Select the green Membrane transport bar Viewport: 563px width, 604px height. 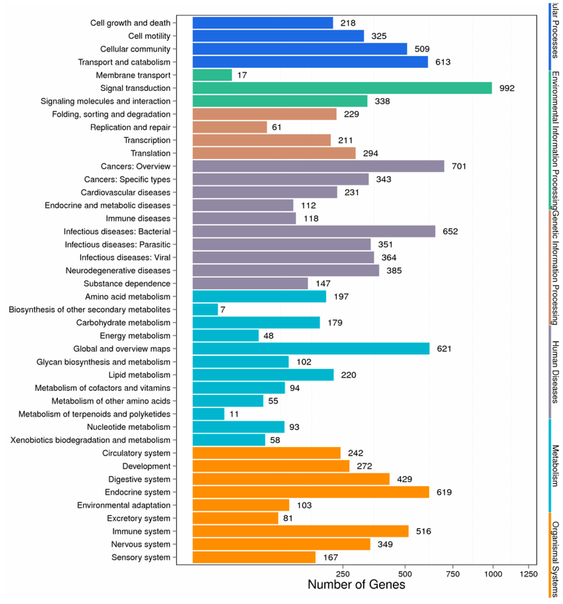[212, 75]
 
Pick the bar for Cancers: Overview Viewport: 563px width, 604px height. [318, 166]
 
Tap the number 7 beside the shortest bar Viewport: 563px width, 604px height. [223, 310]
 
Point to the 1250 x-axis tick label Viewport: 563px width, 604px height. [528, 574]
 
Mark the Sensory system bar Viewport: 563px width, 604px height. [254, 557]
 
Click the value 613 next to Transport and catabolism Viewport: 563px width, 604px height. [443, 62]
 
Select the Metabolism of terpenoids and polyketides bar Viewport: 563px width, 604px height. [208, 414]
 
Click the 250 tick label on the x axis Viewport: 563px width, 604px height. [343, 574]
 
